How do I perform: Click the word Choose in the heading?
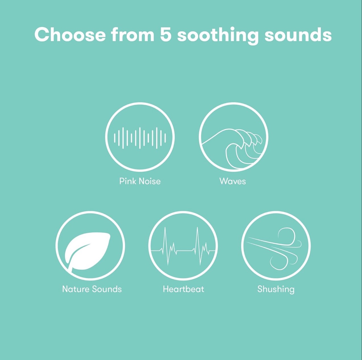tap(70, 35)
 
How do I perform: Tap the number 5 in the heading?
tap(166, 35)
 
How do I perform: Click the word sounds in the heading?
tap(298, 35)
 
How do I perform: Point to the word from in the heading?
tap(133, 35)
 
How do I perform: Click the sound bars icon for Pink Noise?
tap(140, 138)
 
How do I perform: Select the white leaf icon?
tap(87, 252)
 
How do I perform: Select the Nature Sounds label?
tap(92, 289)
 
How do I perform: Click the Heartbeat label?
tap(183, 289)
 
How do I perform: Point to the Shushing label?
tap(276, 290)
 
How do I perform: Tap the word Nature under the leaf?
tap(76, 289)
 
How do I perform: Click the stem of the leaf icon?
tap(71, 268)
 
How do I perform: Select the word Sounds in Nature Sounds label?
tap(107, 289)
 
